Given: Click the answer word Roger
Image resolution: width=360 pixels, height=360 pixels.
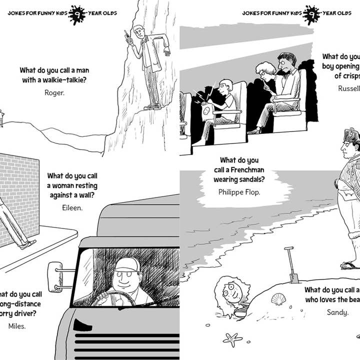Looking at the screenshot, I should click(54, 92).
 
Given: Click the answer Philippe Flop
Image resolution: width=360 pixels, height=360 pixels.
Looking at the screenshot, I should click(239, 191).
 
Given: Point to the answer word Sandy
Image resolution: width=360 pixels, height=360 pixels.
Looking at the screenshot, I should click(337, 312).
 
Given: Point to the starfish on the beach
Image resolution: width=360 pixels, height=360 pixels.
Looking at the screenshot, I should click(232, 339).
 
